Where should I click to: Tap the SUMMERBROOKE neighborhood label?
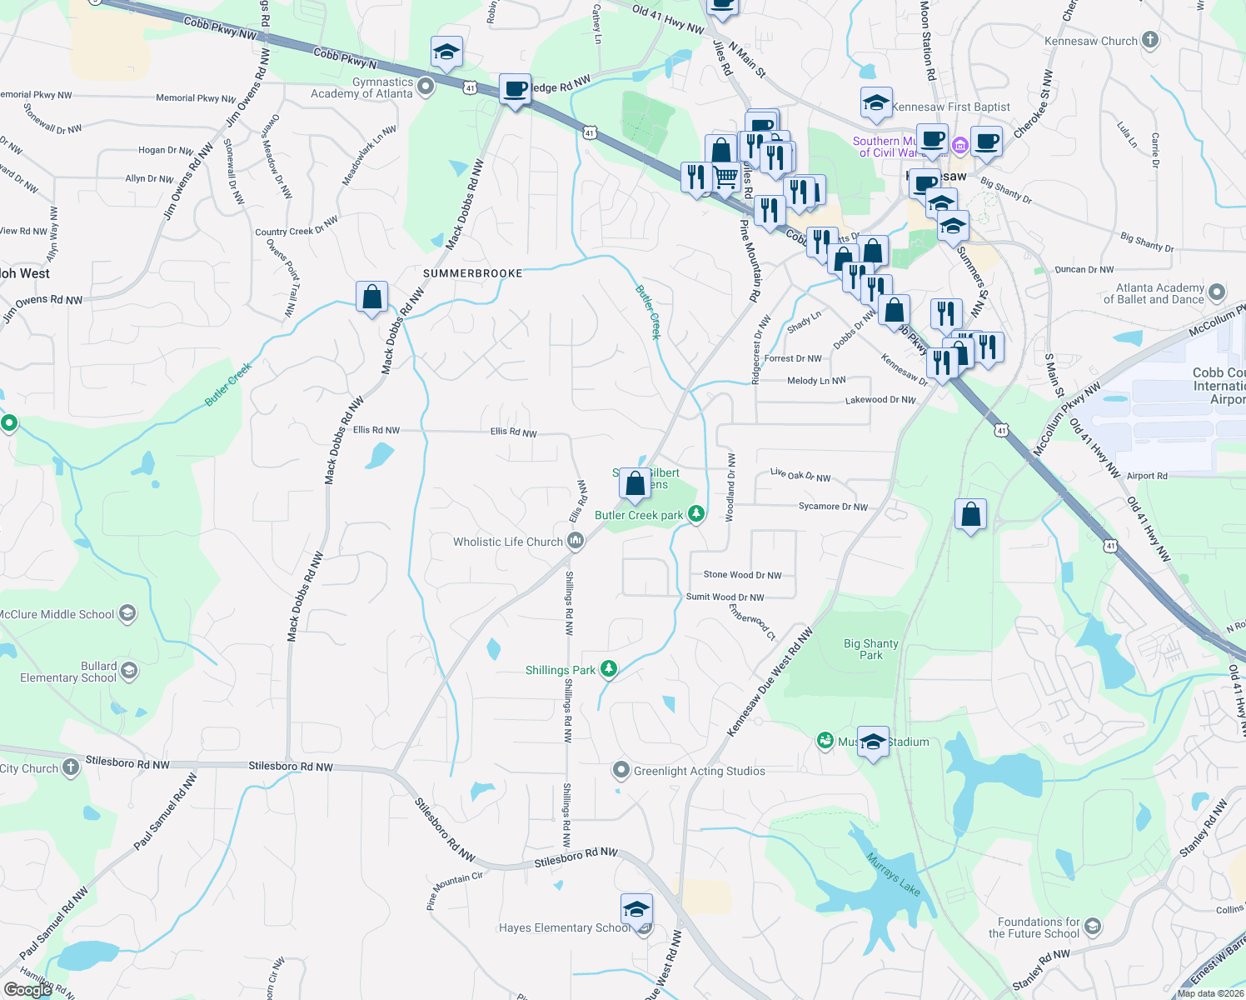[x=472, y=273]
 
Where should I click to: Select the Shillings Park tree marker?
[x=609, y=669]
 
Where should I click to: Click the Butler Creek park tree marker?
[x=696, y=514]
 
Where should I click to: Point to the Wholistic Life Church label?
[x=508, y=542]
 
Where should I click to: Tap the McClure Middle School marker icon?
[x=127, y=614]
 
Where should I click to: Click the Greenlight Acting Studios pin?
[x=621, y=770]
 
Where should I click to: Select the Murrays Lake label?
[x=893, y=874]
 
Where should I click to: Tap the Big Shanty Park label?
[x=871, y=649]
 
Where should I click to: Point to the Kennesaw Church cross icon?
[x=1150, y=40]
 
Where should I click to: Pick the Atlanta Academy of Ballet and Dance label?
[x=1154, y=293]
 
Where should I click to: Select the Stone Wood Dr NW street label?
[x=742, y=575]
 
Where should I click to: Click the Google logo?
[x=27, y=990]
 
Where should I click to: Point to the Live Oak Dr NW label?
[x=800, y=475]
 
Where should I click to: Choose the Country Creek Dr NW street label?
[x=297, y=227]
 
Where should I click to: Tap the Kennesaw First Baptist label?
[x=950, y=107]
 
